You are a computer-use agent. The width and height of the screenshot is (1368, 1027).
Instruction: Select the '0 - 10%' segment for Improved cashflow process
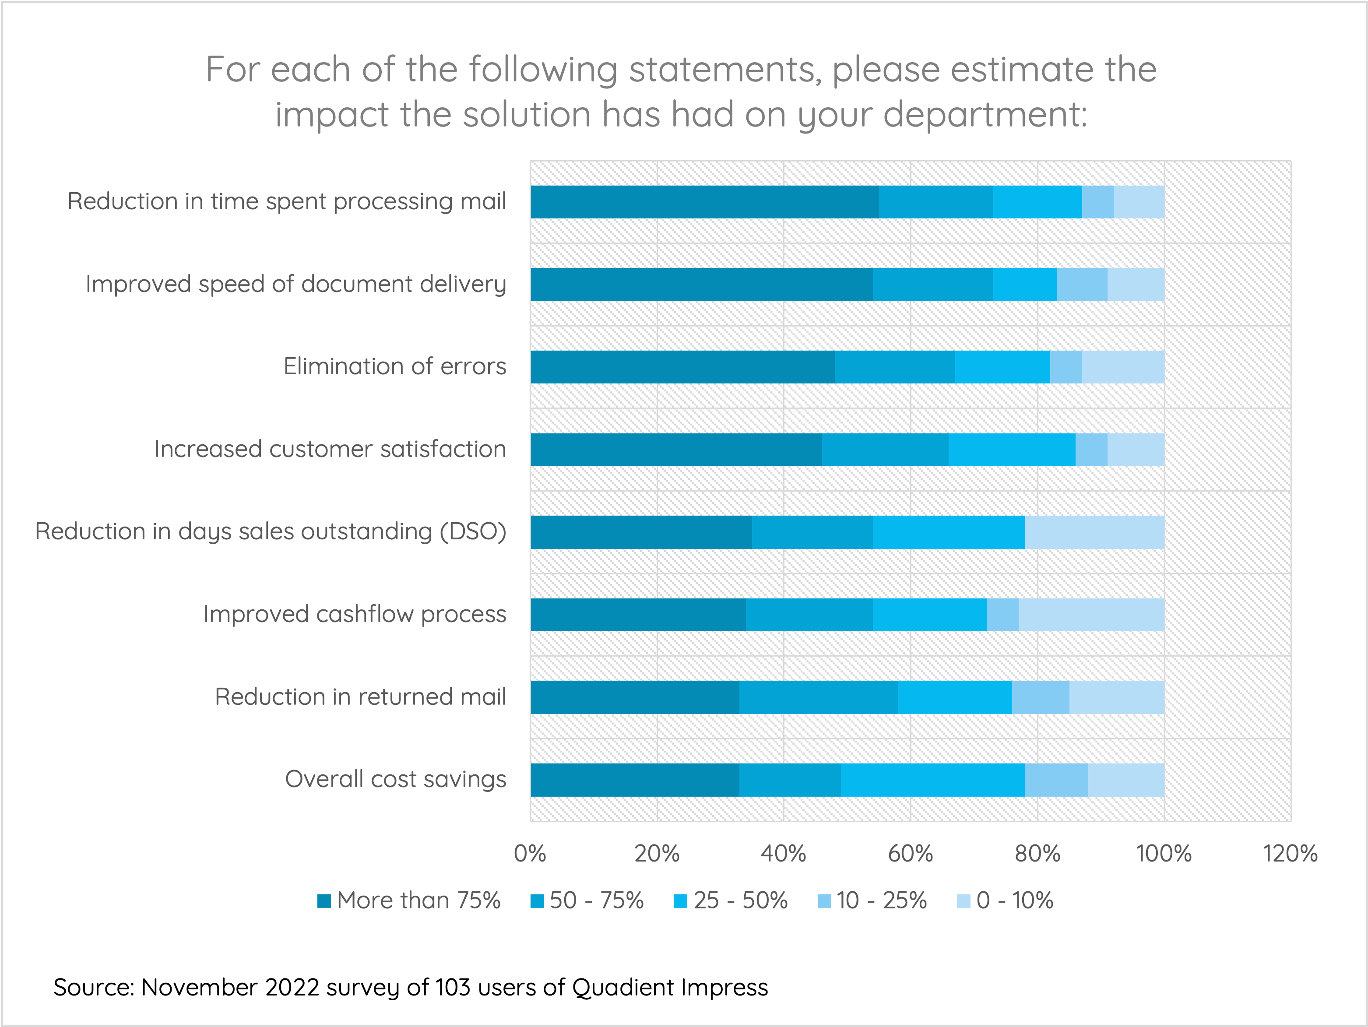click(1092, 615)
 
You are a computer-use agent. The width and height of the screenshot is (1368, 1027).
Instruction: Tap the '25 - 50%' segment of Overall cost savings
click(932, 780)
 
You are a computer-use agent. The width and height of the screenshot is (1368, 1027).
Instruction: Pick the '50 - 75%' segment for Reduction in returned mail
click(818, 697)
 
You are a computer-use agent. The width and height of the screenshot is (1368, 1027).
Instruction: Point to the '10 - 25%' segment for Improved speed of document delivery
click(1082, 285)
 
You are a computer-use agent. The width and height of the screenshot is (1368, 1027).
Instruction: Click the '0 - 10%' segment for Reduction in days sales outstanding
click(1095, 532)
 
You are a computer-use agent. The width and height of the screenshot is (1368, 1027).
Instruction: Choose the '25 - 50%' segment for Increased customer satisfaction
click(1012, 450)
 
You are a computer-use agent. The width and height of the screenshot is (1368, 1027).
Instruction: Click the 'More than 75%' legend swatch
click(324, 901)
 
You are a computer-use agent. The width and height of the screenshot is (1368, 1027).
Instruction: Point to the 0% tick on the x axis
click(530, 854)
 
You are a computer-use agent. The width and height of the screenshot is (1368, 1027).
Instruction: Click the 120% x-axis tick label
click(1290, 854)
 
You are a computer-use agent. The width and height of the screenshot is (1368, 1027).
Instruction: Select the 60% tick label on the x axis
click(911, 854)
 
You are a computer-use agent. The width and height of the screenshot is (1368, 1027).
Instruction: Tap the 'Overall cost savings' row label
click(395, 780)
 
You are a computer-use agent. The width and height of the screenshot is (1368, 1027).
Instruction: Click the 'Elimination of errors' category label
click(394, 367)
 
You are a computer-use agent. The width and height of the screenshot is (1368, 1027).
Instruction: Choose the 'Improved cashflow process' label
click(355, 615)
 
